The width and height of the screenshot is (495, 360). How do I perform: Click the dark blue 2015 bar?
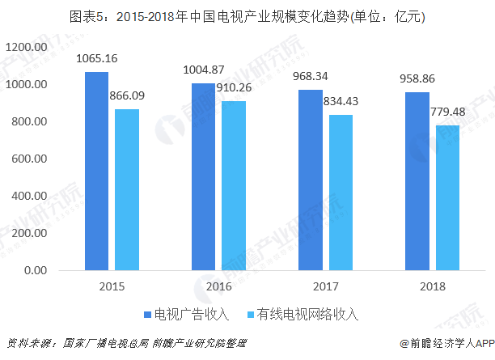point(96,171)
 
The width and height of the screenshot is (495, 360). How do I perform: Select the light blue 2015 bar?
point(126,189)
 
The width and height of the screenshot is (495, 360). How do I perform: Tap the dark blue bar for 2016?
point(203,176)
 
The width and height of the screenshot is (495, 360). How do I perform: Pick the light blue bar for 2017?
point(340,193)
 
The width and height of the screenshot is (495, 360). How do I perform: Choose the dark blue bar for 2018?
point(417,180)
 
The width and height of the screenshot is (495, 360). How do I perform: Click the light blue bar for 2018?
point(446,197)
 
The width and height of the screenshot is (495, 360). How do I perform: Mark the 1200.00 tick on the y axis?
point(26,48)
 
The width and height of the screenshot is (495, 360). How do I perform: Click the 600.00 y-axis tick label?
point(30,159)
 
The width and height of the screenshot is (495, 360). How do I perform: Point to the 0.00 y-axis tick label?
point(37,270)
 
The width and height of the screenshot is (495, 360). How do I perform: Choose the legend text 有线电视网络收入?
point(308,314)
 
